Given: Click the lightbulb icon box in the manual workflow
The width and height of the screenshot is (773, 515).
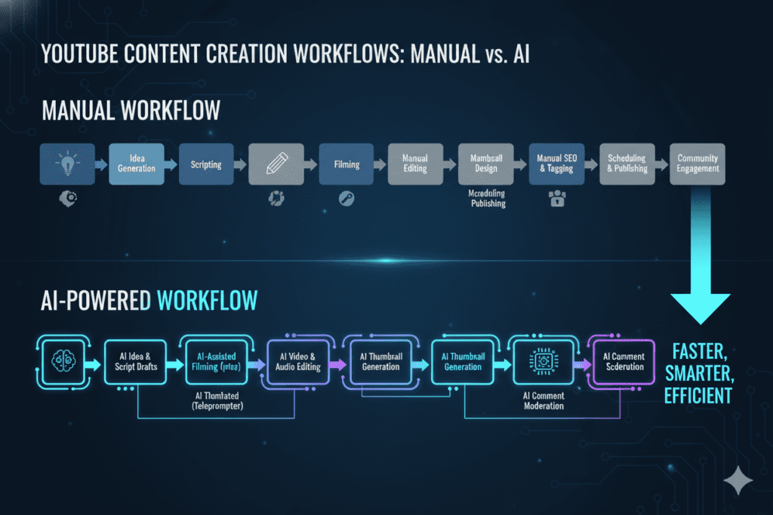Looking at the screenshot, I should tap(68, 164).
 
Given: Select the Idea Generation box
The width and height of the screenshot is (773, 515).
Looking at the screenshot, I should tap(137, 164).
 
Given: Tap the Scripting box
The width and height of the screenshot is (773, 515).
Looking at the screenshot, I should tap(206, 164).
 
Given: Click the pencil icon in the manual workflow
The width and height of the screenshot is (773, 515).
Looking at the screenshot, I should tap(276, 164).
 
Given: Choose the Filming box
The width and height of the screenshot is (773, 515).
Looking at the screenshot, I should tap(346, 164).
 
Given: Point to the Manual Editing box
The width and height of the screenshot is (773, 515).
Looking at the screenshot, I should tap(415, 164).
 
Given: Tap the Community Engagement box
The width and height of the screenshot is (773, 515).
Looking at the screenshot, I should tap(697, 164).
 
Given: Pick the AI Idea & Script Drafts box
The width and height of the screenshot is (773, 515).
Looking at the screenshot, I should tap(137, 361).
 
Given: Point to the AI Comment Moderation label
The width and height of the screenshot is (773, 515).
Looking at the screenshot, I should tap(544, 400).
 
